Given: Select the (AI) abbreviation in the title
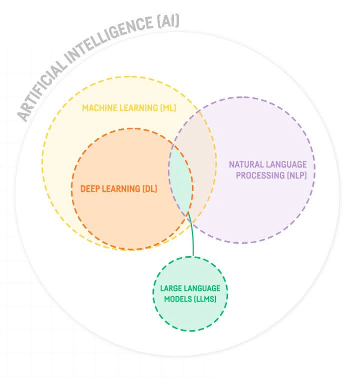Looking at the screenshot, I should [x=167, y=22].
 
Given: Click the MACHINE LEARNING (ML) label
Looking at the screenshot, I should [x=129, y=108].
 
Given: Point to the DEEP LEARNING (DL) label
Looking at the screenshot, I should [x=119, y=189].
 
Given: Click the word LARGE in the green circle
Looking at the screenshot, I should [x=170, y=289].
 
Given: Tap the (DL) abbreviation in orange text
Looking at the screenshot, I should [x=150, y=189].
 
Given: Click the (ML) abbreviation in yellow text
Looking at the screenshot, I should [x=168, y=108].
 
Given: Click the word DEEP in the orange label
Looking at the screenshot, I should [x=90, y=189].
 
